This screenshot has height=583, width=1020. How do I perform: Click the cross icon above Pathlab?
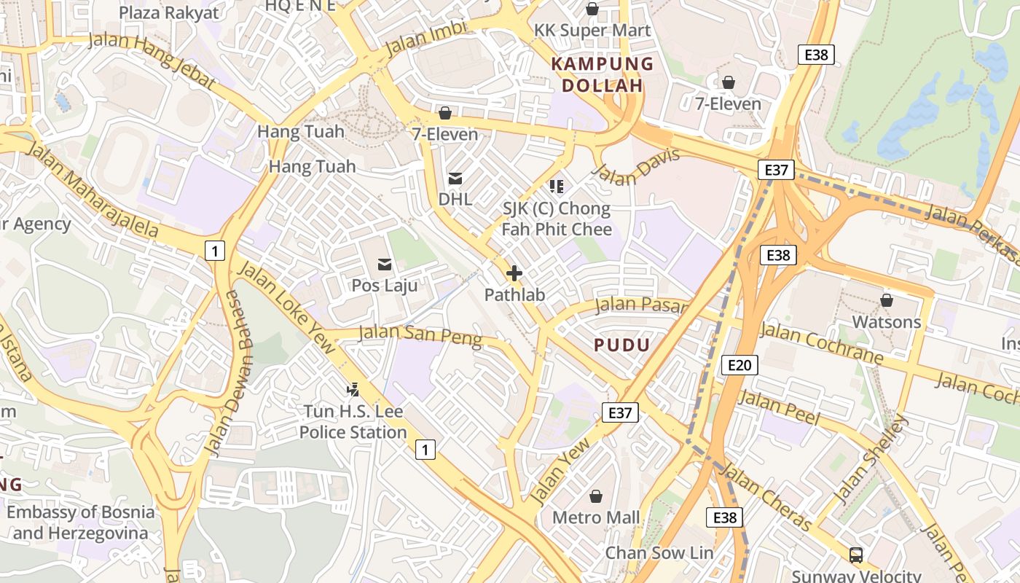514,273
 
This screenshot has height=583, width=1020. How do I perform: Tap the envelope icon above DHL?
455,178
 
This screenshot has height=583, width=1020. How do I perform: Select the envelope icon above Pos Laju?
385,264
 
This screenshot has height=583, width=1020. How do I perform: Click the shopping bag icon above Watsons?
887,300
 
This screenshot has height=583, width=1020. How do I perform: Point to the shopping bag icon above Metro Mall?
596,496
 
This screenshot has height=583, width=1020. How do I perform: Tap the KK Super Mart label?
592,31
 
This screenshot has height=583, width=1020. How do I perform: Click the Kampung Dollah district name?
603,74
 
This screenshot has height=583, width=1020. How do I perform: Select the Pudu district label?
621,345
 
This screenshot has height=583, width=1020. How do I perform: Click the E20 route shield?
739,365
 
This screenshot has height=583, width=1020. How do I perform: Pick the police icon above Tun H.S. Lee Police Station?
353,390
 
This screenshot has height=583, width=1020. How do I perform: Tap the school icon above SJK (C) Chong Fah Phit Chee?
557,187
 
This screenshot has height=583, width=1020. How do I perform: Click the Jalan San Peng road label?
420,335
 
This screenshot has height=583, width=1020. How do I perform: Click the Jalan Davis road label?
637,165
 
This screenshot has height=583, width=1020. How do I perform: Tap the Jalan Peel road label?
779,408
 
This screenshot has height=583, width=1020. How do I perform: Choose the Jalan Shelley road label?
871,459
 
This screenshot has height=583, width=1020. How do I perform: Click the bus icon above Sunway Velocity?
856,555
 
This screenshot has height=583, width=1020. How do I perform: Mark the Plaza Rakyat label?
168,12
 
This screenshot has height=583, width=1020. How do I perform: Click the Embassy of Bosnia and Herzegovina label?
81,522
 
